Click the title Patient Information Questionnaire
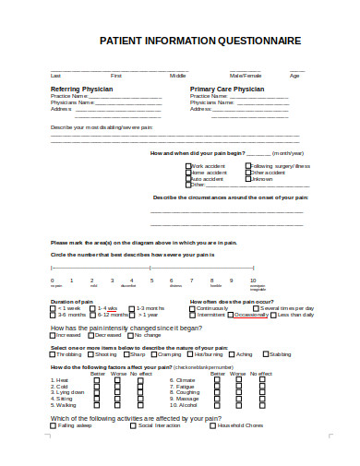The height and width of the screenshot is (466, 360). pyautogui.click(x=199, y=42)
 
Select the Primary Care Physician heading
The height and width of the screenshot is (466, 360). pyautogui.click(x=226, y=89)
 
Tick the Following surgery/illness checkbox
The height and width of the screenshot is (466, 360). pyautogui.click(x=247, y=166)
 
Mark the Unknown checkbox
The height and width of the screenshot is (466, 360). pyautogui.click(x=247, y=178)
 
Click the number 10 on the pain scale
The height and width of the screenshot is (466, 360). pyautogui.click(x=253, y=280)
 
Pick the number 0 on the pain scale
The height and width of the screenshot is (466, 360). pyautogui.click(x=53, y=280)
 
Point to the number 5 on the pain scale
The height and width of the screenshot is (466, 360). pyautogui.click(x=151, y=280)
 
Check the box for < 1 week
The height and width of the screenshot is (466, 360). pyautogui.click(x=54, y=308)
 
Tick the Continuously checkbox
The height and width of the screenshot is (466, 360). pyautogui.click(x=194, y=308)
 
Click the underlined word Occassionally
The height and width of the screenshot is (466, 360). pyautogui.click(x=251, y=315)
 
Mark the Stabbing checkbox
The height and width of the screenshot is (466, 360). pyautogui.click(x=265, y=354)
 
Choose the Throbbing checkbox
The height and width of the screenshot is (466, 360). pyautogui.click(x=53, y=354)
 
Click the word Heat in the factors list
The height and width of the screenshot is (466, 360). pyautogui.click(x=62, y=379)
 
